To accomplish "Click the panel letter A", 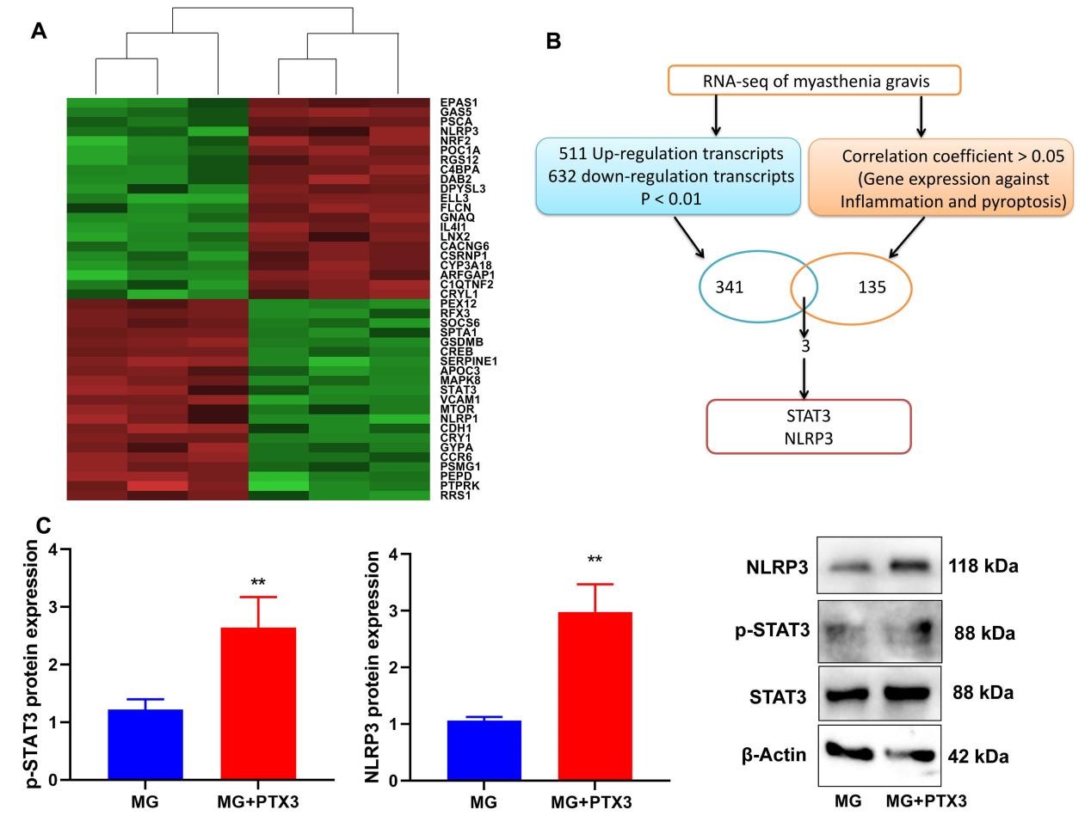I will tap(39, 32).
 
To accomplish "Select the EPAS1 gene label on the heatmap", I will tap(459, 102).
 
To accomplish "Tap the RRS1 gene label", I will tap(455, 495).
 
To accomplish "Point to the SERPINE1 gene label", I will tap(468, 361).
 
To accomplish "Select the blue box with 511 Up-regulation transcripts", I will tap(665, 176).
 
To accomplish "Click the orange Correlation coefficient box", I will tap(942, 179).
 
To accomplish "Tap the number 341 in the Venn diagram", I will tap(730, 287).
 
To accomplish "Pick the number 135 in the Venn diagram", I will tap(871, 287).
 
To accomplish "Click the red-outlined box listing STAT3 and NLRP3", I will tap(808, 426).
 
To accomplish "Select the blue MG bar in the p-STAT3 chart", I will tap(145, 745).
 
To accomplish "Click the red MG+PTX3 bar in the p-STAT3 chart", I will tap(258, 703).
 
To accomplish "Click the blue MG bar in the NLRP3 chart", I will tap(484, 750).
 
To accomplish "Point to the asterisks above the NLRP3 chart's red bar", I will tap(595, 560).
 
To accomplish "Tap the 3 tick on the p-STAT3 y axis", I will tap(53, 607).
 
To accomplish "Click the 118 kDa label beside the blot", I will tap(983, 567).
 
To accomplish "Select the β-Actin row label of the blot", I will tap(774, 756).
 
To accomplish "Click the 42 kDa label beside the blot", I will tap(978, 757).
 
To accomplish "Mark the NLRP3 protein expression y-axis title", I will tap(373, 667).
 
